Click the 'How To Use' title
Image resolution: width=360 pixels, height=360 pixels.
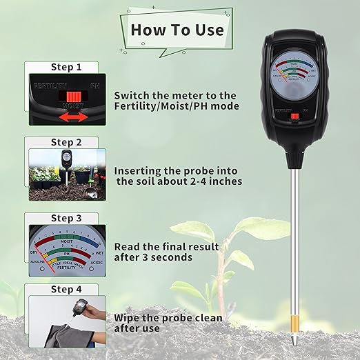177,30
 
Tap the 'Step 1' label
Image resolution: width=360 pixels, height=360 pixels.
66,68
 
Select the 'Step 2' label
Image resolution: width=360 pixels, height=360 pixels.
66,143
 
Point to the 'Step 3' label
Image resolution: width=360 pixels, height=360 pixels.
66,218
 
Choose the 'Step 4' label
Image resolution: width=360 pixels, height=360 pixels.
66,290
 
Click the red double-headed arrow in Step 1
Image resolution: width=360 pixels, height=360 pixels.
72,117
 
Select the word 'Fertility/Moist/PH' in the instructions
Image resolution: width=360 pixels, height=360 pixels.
177,106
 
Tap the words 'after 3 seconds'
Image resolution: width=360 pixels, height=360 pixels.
153,257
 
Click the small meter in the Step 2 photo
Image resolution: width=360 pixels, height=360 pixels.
66,160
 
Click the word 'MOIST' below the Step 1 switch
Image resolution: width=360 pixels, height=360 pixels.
72,106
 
